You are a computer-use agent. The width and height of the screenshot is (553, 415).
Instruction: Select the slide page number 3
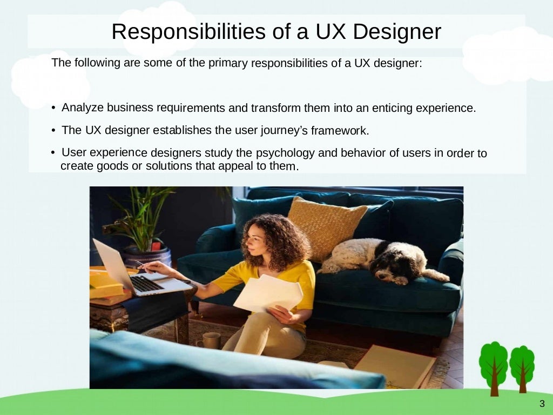tap(542, 404)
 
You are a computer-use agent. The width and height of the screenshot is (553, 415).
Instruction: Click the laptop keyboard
tap(145, 283)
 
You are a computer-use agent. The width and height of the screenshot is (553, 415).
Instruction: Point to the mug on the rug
tap(211, 340)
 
